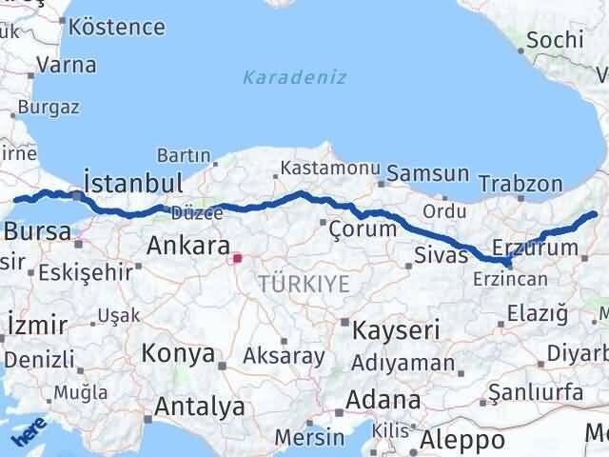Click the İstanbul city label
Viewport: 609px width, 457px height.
tap(132, 182)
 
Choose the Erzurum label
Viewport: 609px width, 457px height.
tap(536, 248)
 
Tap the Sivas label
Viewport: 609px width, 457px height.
tap(442, 254)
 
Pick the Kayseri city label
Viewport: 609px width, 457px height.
tap(396, 330)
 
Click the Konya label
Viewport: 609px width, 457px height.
tap(178, 354)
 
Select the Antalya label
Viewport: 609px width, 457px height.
tap(199, 407)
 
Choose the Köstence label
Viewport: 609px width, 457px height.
tap(117, 27)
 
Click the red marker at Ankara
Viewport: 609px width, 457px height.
tap(237, 257)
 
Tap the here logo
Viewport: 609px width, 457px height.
tap(29, 435)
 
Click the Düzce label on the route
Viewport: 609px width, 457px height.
tap(197, 212)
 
